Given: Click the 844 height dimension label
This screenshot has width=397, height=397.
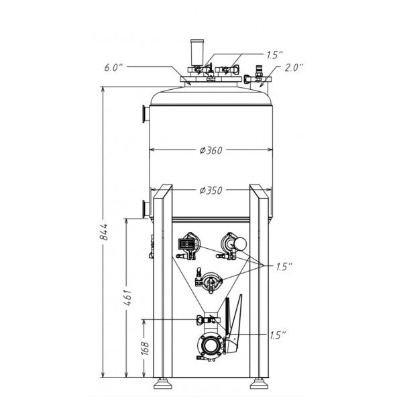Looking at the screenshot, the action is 103,231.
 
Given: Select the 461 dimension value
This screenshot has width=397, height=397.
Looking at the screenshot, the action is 128,298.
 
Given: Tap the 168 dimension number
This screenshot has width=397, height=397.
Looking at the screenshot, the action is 145,349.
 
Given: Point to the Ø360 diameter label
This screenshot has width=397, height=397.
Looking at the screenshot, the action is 211,150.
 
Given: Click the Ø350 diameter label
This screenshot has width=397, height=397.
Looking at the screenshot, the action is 211,190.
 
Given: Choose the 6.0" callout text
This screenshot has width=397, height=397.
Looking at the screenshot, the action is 113,68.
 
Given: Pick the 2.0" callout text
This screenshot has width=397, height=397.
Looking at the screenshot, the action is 294,68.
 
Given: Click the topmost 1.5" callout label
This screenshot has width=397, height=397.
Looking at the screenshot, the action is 274,55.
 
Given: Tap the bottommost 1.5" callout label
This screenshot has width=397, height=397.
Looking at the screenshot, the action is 278,335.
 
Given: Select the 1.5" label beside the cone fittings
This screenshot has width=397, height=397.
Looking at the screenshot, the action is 284,266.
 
